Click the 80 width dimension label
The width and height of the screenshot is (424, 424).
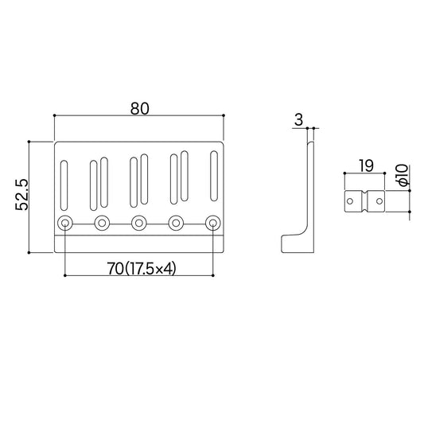coord(139,108)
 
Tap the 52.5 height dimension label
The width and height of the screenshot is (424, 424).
coord(21,194)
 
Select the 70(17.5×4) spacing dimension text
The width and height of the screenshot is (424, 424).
coord(142,269)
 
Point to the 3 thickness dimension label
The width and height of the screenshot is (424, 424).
coord(298,119)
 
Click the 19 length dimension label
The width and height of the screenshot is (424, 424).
coord(365,165)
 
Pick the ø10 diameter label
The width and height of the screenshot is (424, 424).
coord(402,175)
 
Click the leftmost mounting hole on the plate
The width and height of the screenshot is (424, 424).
coord(65,223)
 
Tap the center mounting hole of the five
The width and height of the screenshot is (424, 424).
coord(139,223)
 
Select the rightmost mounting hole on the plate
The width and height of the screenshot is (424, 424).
coord(213,223)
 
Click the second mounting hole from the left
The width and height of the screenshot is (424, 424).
coord(102,223)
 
